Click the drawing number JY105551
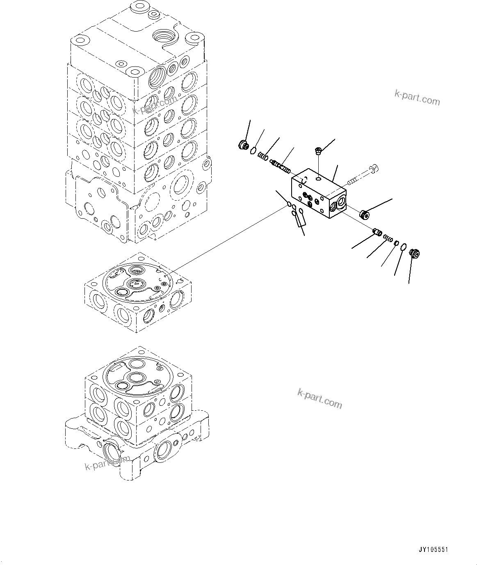433,549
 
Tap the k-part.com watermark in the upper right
417,98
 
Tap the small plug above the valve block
318,151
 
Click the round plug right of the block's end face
364,214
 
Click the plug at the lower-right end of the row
415,254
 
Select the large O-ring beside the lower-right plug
404,247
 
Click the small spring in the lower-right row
388,238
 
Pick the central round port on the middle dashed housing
135,283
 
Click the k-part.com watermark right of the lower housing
320,399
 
